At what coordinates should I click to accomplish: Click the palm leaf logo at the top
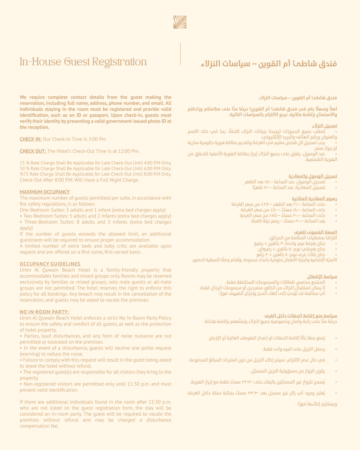click(180, 22)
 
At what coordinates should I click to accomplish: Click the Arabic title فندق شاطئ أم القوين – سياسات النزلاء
click(269, 63)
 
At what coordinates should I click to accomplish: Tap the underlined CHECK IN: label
click(31, 139)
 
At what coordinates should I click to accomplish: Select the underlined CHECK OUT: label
click(33, 151)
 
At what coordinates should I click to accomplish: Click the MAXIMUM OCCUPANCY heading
click(45, 192)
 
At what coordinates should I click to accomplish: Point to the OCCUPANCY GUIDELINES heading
click(50, 264)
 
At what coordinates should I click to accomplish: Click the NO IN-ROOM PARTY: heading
click(44, 312)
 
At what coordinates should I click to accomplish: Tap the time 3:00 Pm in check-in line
click(96, 139)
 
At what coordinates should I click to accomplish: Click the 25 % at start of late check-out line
click(25, 163)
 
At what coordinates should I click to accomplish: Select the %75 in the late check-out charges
click(25, 174)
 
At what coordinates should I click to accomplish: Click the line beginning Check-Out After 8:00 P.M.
click(79, 180)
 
